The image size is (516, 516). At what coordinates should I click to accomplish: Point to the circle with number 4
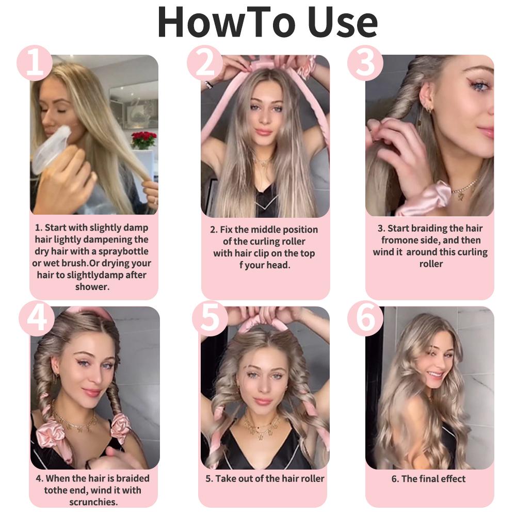(x=37, y=319)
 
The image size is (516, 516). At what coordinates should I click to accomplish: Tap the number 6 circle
(x=365, y=319)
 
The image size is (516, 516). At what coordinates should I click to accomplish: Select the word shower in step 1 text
(x=92, y=287)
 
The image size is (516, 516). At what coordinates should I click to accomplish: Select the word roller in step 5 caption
(x=310, y=478)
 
